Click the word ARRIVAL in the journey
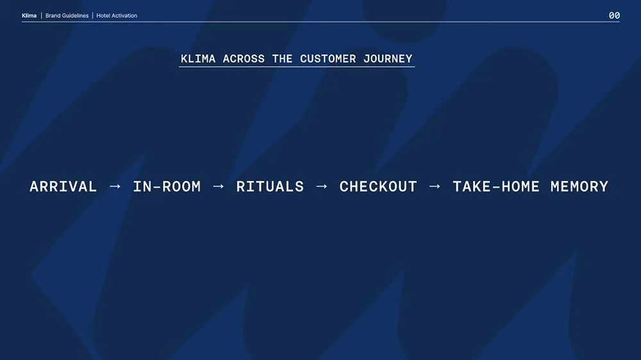[x=63, y=187]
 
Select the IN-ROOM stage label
[x=167, y=187]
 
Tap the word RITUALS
[x=270, y=187]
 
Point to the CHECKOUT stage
[x=378, y=187]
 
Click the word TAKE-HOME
[x=496, y=187]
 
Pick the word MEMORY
[x=579, y=187]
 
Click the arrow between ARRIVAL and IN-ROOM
[x=115, y=186]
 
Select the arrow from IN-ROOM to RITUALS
[x=219, y=186]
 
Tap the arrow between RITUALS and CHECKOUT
[x=322, y=186]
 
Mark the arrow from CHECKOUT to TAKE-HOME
[x=435, y=186]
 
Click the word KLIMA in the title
[x=198, y=59]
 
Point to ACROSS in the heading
[x=244, y=59]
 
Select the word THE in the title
[x=283, y=59]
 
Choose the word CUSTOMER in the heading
[x=328, y=59]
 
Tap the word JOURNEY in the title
[x=388, y=59]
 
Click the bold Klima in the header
[x=29, y=15]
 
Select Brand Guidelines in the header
[x=67, y=15]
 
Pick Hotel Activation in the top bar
[x=117, y=15]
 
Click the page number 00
[x=614, y=15]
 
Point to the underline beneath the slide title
[x=297, y=67]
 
